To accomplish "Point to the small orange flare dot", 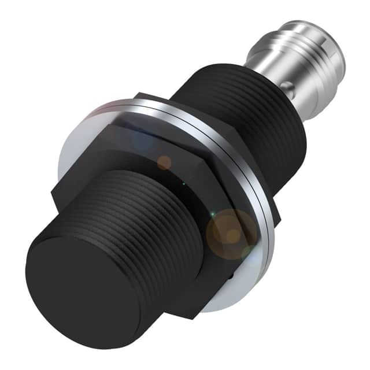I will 164,162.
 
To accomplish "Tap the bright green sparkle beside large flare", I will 213,215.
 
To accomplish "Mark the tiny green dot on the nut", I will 184,184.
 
